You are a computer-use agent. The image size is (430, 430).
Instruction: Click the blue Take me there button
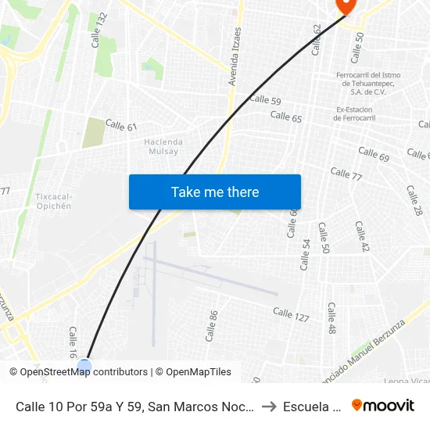pos(215,192)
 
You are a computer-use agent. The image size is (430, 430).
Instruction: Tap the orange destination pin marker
pos(345,5)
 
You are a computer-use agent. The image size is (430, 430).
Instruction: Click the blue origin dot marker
pos(84,365)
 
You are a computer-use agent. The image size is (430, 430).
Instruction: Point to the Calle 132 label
pos(99,30)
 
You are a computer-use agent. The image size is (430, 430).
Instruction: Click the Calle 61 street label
pos(121,126)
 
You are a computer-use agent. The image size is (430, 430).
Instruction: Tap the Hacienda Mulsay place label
pos(163,146)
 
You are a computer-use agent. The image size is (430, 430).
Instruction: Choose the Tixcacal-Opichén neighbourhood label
pos(53,201)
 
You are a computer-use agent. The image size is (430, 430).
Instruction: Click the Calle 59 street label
pos(265,99)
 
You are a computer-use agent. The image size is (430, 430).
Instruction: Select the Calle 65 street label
pos(286,116)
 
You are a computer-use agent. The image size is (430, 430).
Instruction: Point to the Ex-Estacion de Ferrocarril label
pos(357,113)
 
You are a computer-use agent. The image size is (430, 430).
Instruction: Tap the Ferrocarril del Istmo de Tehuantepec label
pos(367,83)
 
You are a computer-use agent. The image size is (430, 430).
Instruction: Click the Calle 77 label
pos(346,174)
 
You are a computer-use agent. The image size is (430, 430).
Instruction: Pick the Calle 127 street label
pos(291,314)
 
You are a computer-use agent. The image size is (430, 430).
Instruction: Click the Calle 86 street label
pos(210,325)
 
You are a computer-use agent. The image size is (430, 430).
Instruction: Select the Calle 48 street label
pos(331,318)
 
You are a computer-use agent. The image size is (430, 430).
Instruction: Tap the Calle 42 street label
pos(361,236)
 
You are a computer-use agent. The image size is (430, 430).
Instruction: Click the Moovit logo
pos(382,405)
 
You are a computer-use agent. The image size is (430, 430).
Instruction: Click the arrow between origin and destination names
pos(268,406)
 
